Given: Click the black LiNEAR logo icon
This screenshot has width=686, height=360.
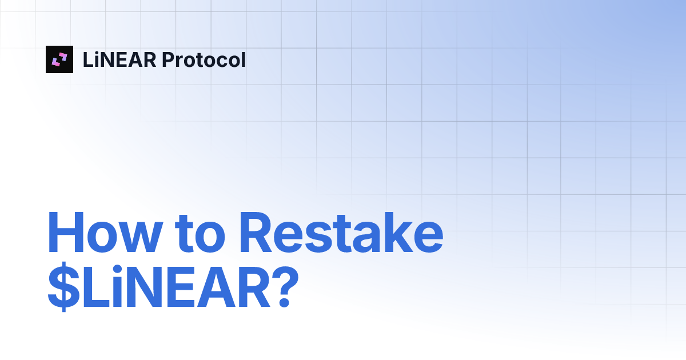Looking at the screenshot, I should tap(59, 59).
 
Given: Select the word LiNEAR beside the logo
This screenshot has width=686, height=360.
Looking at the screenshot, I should tap(119, 59).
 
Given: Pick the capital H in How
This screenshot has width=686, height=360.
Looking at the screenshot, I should tap(65, 234).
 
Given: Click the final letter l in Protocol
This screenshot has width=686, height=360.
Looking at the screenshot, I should tap(243, 59).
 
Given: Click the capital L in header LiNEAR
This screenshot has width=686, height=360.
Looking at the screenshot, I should tap(87, 59).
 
